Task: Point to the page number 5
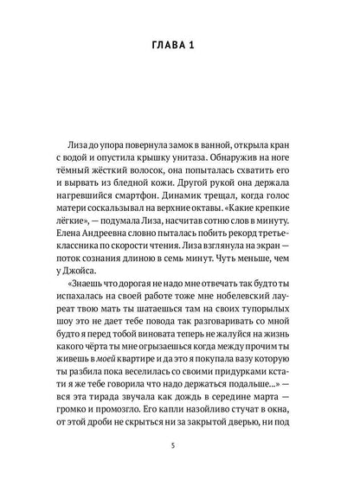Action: coord(180,445)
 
